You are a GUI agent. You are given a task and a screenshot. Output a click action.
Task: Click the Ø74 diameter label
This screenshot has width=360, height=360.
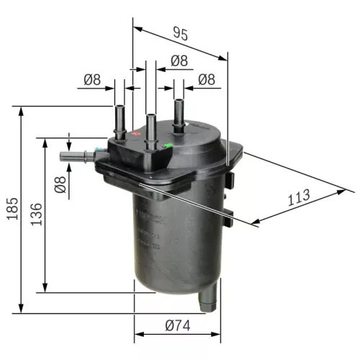[x=176, y=325]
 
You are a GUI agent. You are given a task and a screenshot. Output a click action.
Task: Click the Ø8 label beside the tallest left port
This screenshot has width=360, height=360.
[x=93, y=79]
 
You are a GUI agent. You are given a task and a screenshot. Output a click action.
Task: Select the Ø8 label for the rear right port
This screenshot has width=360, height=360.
[x=207, y=79]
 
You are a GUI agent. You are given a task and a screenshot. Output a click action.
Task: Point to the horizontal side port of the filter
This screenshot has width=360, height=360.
[x=74, y=154]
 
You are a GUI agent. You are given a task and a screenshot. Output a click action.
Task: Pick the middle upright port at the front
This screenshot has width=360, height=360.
[x=151, y=130]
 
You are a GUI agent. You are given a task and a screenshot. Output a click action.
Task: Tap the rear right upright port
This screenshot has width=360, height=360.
[x=178, y=112]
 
